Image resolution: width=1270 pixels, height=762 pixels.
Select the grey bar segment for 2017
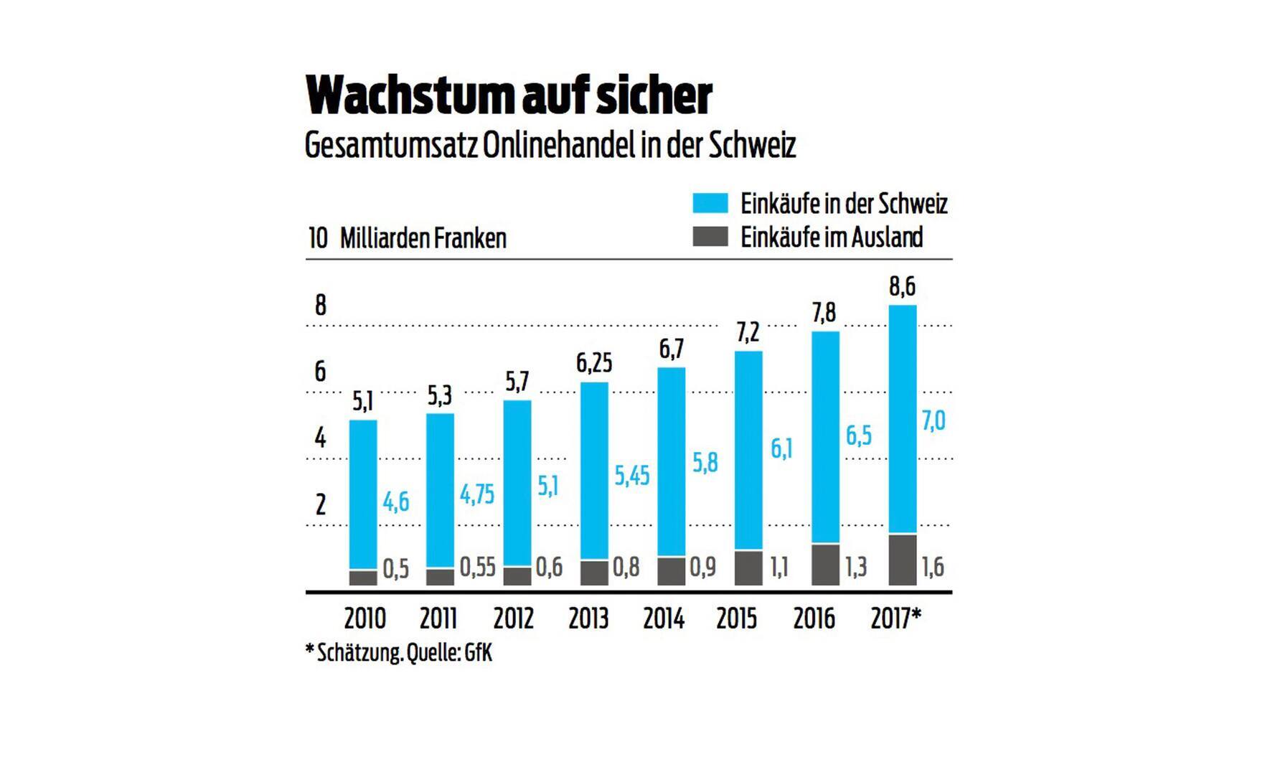point(902,559)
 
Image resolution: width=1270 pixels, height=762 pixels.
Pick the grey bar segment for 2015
point(748,568)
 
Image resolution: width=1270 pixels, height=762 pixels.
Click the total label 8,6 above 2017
point(902,287)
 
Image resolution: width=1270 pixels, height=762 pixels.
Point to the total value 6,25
point(594,363)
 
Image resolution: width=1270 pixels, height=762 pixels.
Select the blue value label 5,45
point(632,475)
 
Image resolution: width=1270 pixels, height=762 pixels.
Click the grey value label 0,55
point(477,568)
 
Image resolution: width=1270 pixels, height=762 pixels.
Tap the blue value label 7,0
point(933,420)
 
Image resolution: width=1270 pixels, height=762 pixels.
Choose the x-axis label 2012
point(514,618)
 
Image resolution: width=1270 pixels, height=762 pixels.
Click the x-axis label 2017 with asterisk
point(895,618)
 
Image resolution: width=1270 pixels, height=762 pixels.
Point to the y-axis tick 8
point(320,306)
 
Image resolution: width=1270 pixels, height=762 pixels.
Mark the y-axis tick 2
point(320,505)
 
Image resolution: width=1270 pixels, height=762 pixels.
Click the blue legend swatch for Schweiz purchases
point(710,203)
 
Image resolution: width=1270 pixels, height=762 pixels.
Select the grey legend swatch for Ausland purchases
point(710,237)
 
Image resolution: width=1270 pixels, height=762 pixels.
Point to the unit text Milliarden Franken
point(423,238)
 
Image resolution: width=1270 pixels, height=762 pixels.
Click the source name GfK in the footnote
point(478,654)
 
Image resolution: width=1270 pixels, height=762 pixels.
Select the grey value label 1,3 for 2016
point(856,568)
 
